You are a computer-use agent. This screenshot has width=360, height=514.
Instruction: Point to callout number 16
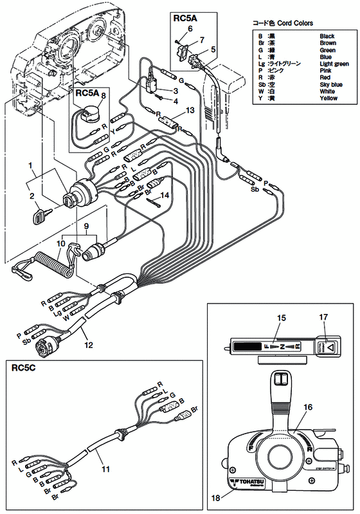click(x=307, y=407)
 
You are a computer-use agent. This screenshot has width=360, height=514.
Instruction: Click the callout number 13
click(x=188, y=110)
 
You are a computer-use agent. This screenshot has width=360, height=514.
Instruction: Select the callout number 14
click(x=165, y=194)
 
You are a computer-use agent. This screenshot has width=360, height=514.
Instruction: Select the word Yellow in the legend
click(x=329, y=98)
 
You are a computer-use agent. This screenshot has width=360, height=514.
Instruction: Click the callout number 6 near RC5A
click(x=190, y=28)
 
